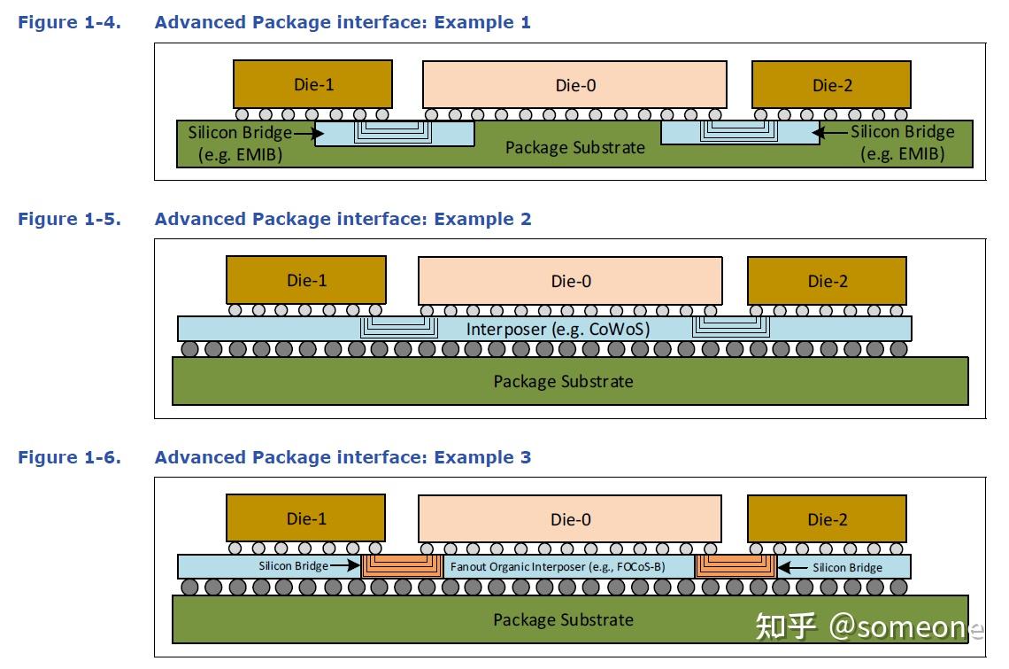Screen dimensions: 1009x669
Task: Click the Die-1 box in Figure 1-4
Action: coord(312,84)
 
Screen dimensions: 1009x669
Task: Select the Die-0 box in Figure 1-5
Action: coord(570,280)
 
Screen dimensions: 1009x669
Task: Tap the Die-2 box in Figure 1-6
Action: coord(827,519)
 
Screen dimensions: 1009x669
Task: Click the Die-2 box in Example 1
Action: coord(831,84)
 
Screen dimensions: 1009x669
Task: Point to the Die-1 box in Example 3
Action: coord(305,518)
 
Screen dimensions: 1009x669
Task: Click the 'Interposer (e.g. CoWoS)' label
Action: coord(558,330)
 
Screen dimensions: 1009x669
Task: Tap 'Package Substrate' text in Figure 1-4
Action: coord(574,148)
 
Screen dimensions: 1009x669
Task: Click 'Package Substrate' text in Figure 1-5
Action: coord(563,382)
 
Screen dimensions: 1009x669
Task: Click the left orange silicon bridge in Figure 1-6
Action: coord(403,566)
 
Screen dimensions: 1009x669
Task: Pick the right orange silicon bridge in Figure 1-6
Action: coord(736,566)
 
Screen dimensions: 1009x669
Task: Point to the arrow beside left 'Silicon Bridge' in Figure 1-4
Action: coord(308,134)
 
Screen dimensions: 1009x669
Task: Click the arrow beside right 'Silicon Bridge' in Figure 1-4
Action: coord(830,134)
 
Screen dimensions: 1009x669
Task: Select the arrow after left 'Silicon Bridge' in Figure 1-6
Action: coord(345,566)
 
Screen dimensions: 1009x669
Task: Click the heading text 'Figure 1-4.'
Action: coord(70,22)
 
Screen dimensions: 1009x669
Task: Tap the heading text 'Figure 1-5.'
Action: coord(70,219)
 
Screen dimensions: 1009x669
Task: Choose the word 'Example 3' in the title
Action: coord(482,457)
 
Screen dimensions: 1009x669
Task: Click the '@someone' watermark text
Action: coord(906,626)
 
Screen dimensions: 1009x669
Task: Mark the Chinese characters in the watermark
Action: coord(786,626)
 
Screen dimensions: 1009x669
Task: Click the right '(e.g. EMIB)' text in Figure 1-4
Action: coord(902,154)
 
